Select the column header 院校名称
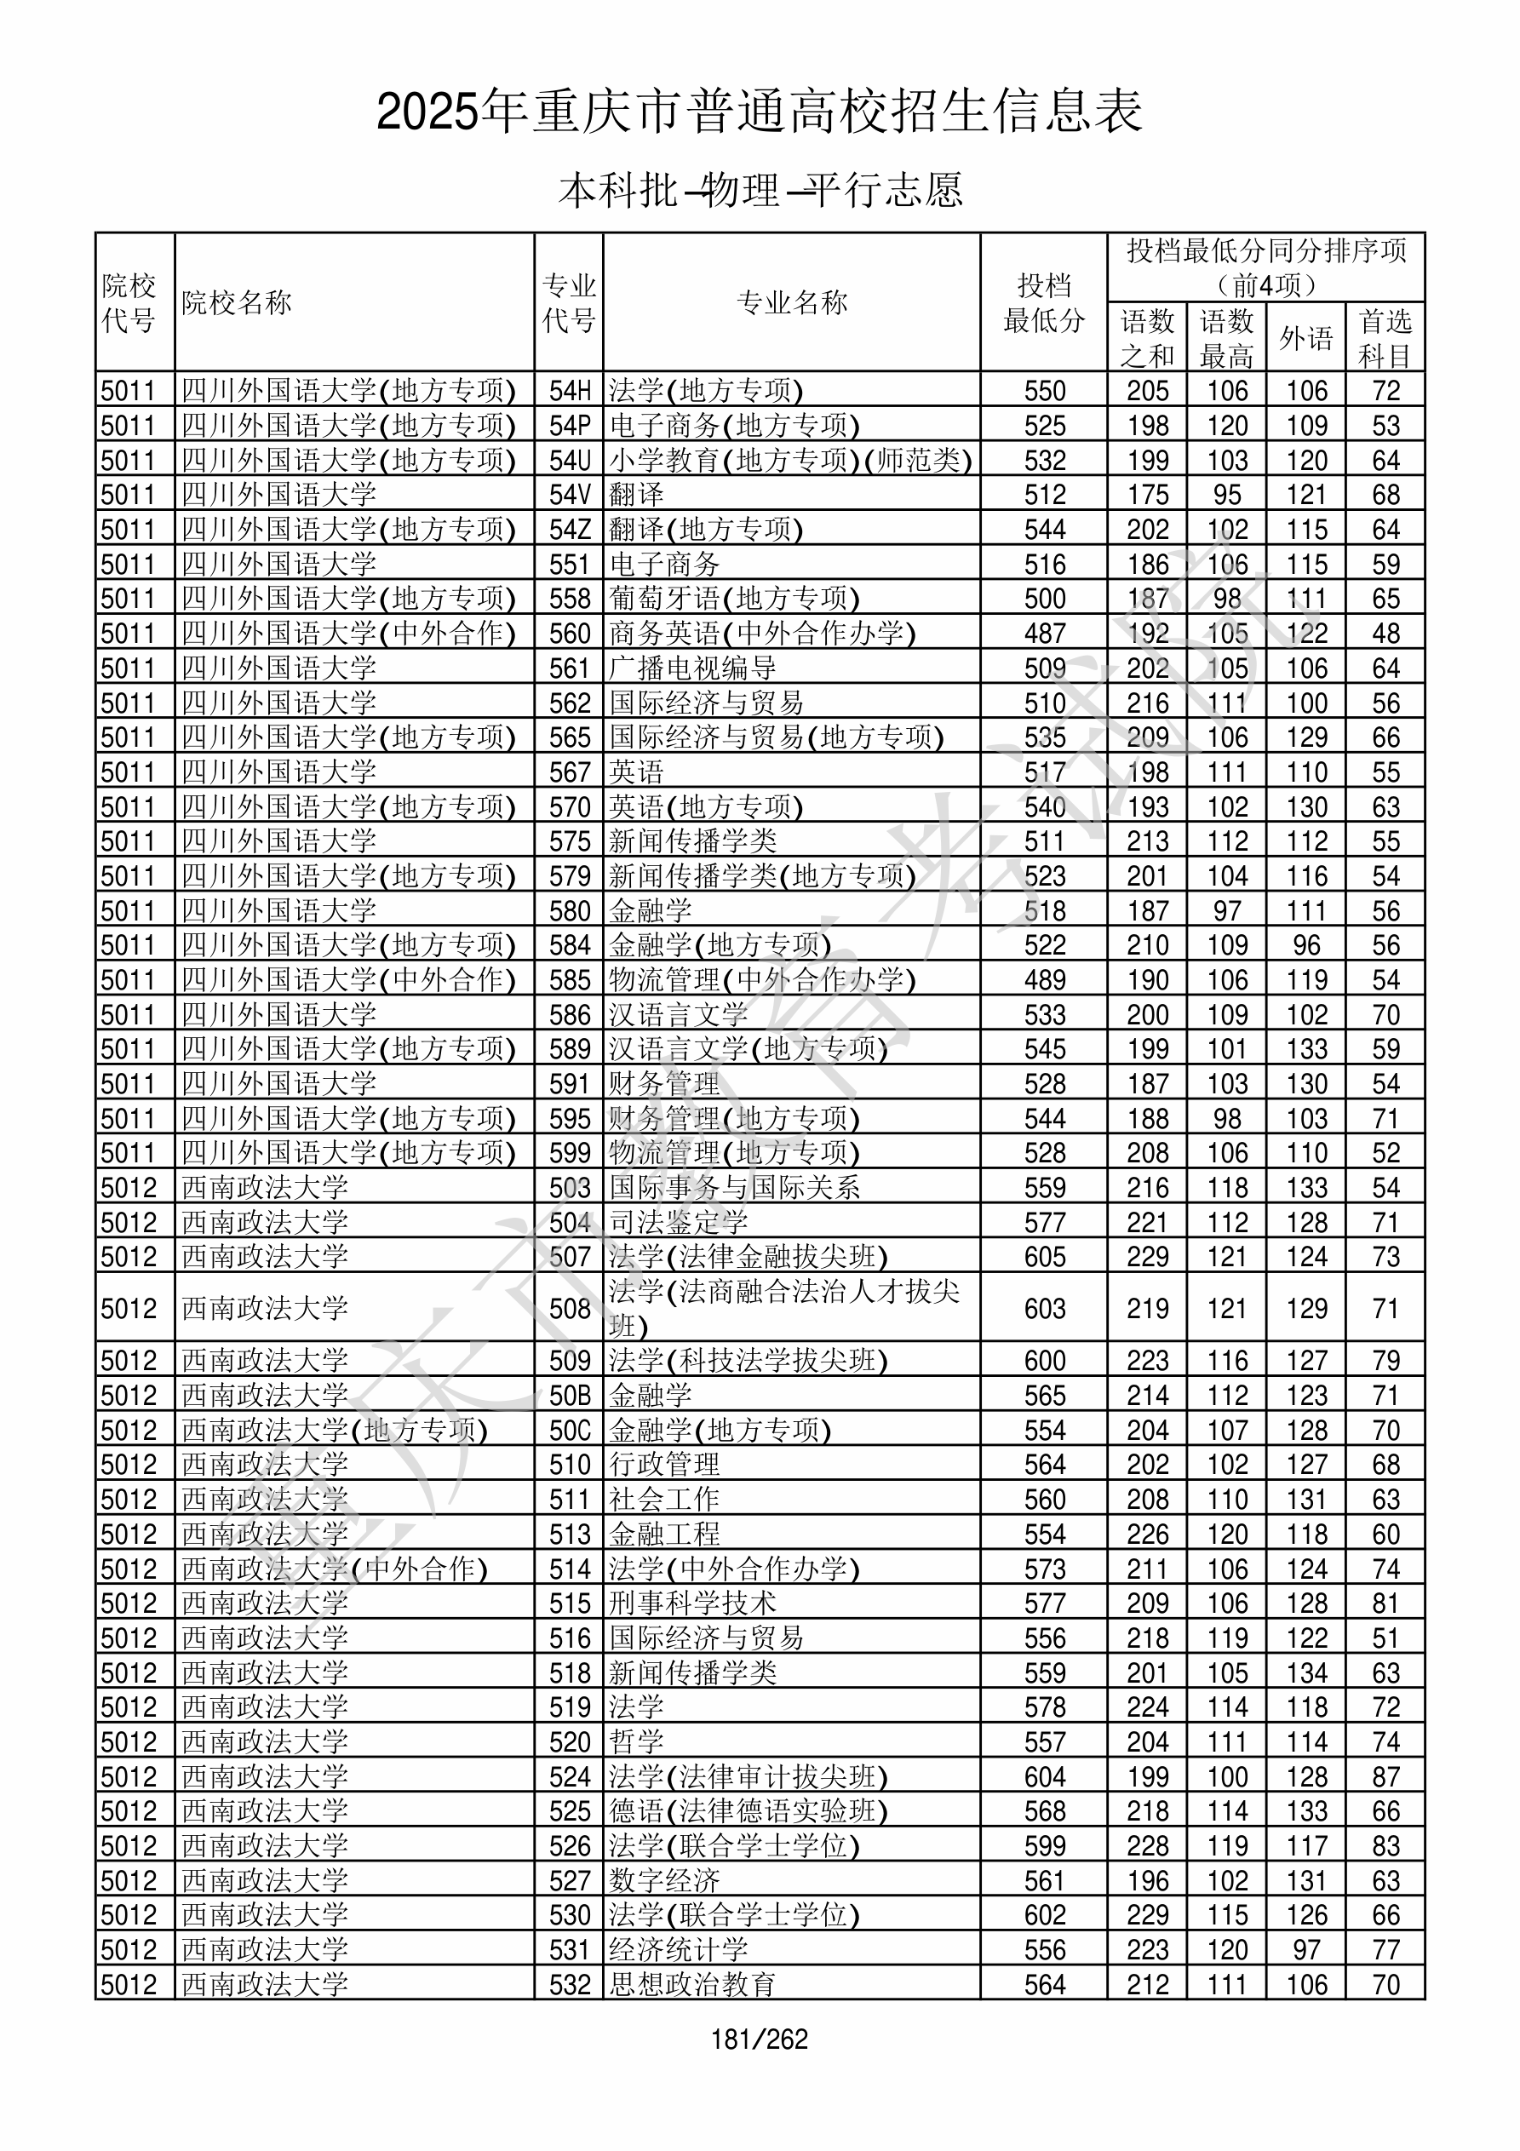tap(237, 302)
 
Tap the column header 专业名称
tap(792, 302)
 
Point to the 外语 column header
tap(1306, 337)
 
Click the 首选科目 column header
tap(1385, 337)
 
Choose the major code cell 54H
tap(570, 391)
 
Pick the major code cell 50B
tap(570, 1396)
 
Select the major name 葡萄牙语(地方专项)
tap(734, 599)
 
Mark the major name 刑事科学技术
tap(692, 1603)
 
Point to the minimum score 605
tap(1045, 1257)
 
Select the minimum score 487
tap(1045, 634)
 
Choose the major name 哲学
tap(636, 1742)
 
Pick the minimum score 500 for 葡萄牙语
tap(1045, 599)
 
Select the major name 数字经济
tap(664, 1881)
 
